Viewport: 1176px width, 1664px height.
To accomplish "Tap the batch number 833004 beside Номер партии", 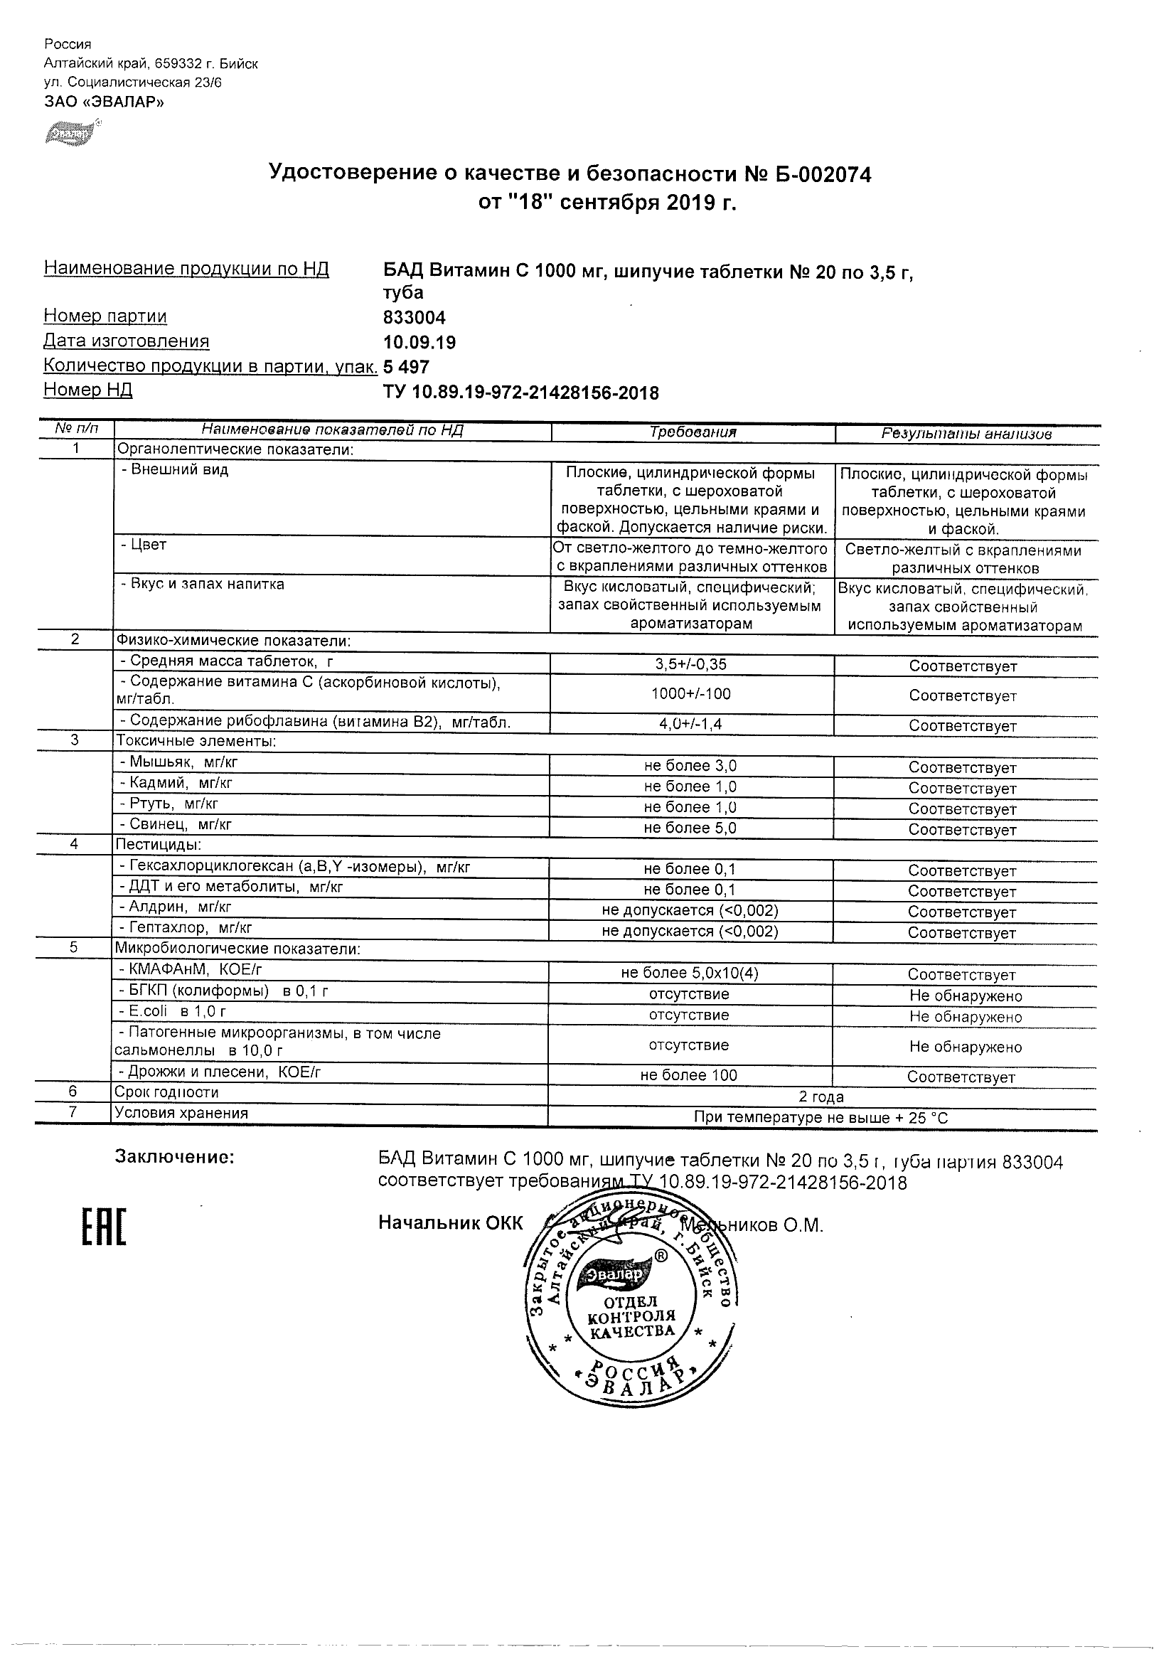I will (x=414, y=317).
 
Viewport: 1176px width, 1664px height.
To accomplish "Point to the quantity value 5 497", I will (x=406, y=367).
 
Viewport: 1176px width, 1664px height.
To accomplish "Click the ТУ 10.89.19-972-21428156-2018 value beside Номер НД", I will (x=520, y=393).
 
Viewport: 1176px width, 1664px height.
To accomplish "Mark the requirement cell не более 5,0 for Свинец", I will (x=690, y=828).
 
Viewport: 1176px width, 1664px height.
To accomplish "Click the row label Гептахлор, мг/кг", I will (x=185, y=928).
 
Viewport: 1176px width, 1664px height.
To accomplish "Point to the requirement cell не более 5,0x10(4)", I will (x=690, y=973).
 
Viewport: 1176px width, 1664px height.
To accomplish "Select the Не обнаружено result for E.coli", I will (x=965, y=1017).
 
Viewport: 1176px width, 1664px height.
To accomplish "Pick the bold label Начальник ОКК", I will (x=450, y=1224).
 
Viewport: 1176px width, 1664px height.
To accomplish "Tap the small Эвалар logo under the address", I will (x=69, y=134).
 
